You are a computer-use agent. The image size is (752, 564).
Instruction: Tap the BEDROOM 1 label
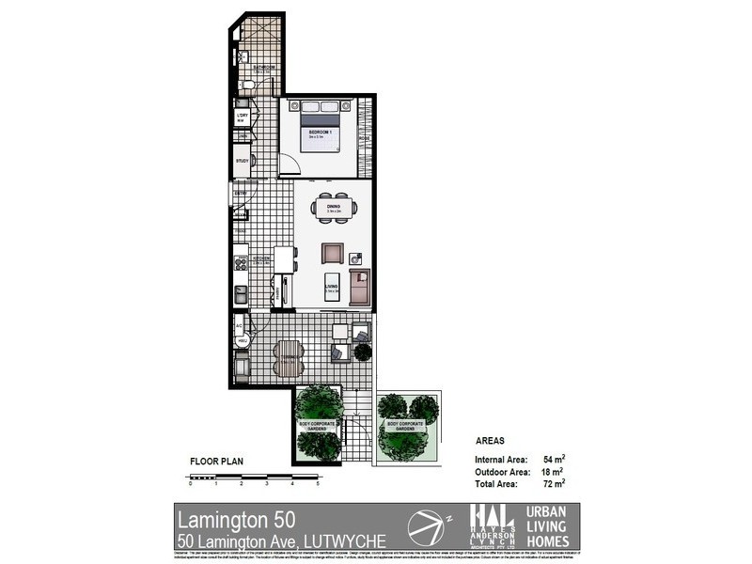[321, 133]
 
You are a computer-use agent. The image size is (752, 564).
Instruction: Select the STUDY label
[242, 161]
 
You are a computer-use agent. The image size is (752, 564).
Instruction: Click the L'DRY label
[242, 117]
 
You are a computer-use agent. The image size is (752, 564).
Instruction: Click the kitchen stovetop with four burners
[241, 264]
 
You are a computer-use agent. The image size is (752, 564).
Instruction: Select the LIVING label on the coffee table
[332, 289]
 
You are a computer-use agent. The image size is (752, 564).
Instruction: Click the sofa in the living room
[360, 286]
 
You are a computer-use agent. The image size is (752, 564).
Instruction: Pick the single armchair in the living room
[332, 253]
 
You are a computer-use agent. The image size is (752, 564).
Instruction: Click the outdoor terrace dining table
[288, 356]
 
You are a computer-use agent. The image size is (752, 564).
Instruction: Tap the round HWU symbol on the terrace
[242, 339]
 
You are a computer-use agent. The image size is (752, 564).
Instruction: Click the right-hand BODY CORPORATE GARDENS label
[406, 426]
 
